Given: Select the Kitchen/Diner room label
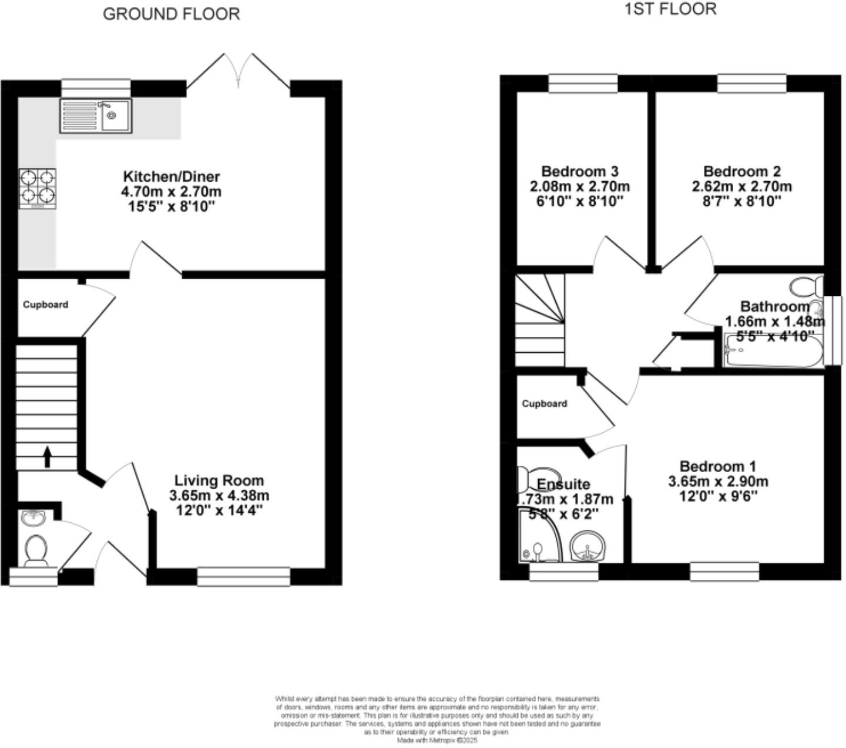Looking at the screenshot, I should (172, 176).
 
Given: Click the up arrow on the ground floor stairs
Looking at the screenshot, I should (48, 456).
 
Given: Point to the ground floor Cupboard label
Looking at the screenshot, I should (45, 305).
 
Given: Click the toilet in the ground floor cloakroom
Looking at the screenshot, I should (36, 550).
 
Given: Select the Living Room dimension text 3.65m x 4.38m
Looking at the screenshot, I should (219, 496).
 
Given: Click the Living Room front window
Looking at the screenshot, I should (244, 576).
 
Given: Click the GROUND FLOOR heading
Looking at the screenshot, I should (172, 14).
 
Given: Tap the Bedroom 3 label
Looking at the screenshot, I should (579, 172).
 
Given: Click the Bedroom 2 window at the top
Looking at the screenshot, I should (751, 84).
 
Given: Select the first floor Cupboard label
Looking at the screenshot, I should (545, 403).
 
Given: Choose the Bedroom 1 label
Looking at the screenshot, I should (718, 466).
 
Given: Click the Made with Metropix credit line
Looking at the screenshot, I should (437, 741).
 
